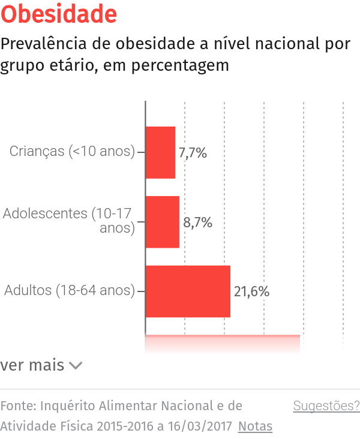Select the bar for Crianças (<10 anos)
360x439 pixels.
click(x=160, y=152)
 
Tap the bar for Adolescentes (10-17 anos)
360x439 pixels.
click(x=162, y=222)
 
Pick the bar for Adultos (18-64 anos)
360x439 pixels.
click(x=188, y=291)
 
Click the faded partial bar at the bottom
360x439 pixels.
click(x=222, y=342)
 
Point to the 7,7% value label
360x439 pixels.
click(x=193, y=153)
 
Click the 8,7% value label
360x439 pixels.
click(x=198, y=222)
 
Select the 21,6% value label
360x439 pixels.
click(x=251, y=292)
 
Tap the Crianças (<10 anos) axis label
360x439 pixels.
click(x=72, y=151)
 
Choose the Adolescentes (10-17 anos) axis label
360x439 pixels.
click(x=69, y=220)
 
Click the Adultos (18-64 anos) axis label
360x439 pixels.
click(x=70, y=290)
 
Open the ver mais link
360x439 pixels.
click(x=32, y=365)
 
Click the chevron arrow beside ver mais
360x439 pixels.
click(x=76, y=365)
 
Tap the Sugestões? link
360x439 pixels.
click(x=326, y=406)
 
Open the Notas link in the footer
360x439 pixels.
click(x=255, y=426)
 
